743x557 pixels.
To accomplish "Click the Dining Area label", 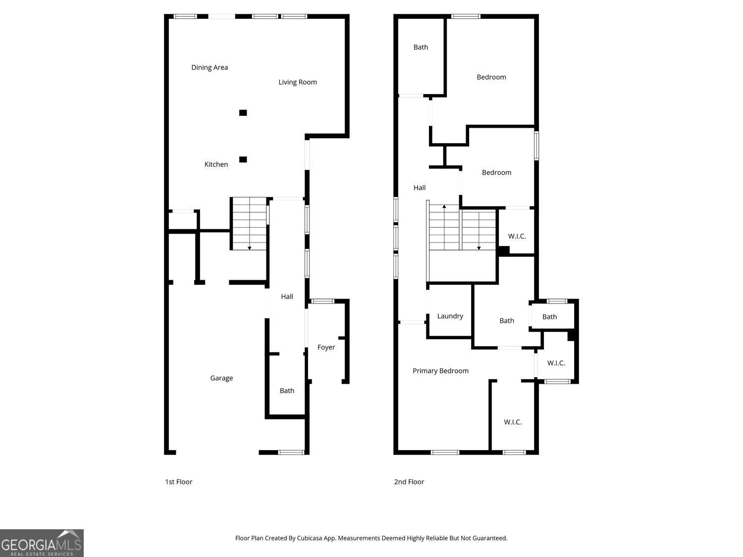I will (210, 67).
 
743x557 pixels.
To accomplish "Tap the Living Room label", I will (297, 82).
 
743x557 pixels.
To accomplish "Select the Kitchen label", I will (216, 164).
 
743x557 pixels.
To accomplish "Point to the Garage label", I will (221, 378).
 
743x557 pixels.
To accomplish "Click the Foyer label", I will (326, 348).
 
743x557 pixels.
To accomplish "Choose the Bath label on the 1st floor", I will (287, 391).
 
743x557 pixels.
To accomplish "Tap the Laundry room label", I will (450, 316).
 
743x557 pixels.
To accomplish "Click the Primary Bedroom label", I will (440, 371).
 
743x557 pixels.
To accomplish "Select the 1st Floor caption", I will (178, 482).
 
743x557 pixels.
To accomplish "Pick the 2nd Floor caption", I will (409, 482).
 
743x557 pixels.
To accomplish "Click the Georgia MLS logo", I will (42, 543).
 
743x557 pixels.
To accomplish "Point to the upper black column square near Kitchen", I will (243, 113).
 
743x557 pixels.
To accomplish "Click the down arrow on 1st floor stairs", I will (250, 248).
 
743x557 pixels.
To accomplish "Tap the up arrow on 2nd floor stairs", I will (444, 206).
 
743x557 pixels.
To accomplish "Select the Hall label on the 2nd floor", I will (420, 188).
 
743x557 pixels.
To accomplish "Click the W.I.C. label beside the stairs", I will (517, 236).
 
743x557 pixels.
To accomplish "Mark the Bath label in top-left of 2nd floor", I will (421, 48).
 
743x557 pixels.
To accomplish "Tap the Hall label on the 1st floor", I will (287, 297).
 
